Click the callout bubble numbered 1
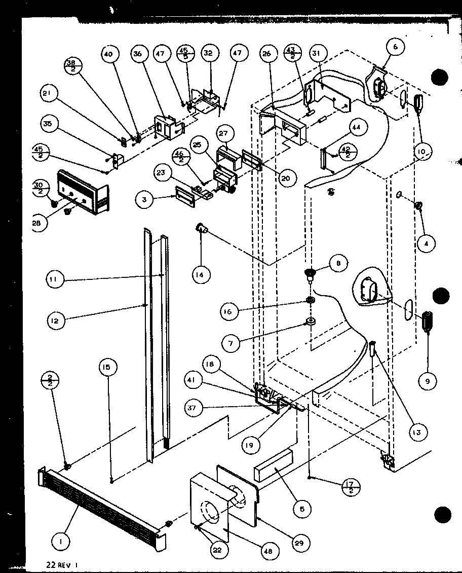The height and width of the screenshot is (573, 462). click(60, 542)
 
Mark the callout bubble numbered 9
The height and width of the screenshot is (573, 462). click(427, 380)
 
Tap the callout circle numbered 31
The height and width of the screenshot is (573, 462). click(319, 54)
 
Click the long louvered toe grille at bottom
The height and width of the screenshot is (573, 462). click(101, 503)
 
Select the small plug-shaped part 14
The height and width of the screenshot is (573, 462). click(202, 230)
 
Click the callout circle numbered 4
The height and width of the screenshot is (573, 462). click(427, 244)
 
